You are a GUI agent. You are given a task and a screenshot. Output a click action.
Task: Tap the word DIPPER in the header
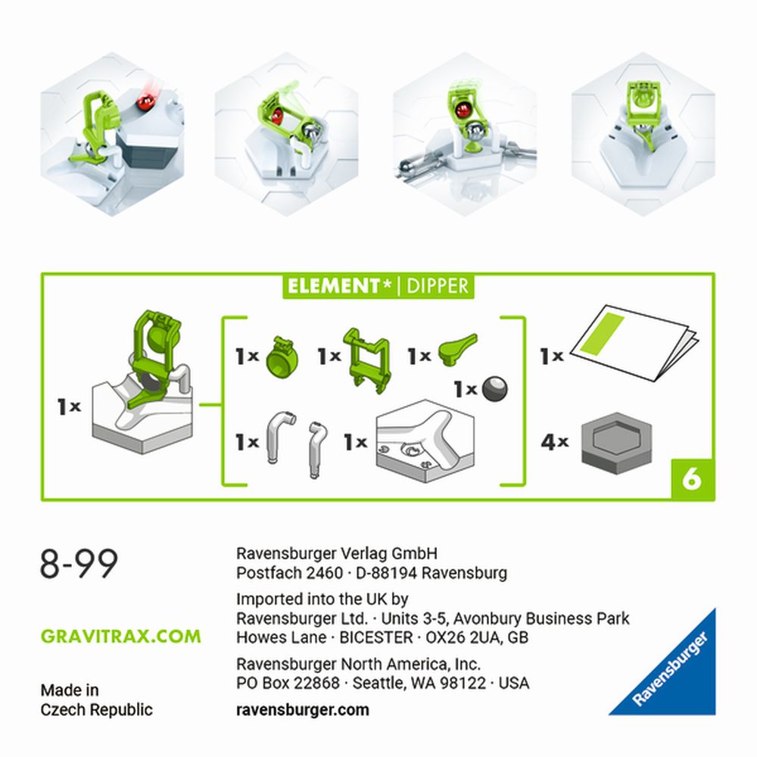tap(438, 286)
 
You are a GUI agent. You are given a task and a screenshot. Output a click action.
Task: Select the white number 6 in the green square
tap(693, 479)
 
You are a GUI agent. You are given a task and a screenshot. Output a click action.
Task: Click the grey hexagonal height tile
tap(616, 443)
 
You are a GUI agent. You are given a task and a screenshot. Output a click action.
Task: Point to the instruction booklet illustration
tap(634, 342)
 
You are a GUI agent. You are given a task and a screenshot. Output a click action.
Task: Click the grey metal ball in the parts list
tap(495, 388)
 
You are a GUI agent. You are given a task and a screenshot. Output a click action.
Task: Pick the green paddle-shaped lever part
tap(456, 349)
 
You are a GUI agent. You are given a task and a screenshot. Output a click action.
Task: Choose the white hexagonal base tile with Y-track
tap(425, 441)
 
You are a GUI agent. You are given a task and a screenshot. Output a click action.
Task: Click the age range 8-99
tap(79, 563)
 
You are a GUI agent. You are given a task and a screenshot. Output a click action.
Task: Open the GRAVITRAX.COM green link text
tap(120, 637)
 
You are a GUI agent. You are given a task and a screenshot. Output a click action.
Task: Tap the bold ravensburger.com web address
tap(303, 710)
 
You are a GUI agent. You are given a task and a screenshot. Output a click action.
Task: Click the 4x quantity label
tap(554, 442)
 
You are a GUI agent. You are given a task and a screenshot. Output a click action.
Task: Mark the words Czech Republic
tap(97, 710)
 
